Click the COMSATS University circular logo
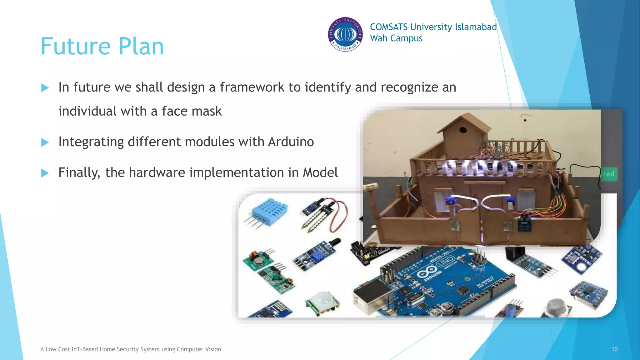point(345,34)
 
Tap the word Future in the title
point(76,47)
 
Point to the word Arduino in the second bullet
point(291,142)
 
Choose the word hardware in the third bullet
point(157,172)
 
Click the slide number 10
point(614,349)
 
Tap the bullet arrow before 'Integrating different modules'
point(45,142)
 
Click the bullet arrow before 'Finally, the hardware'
point(45,173)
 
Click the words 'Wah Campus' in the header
point(396,38)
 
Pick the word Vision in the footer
point(212,349)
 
